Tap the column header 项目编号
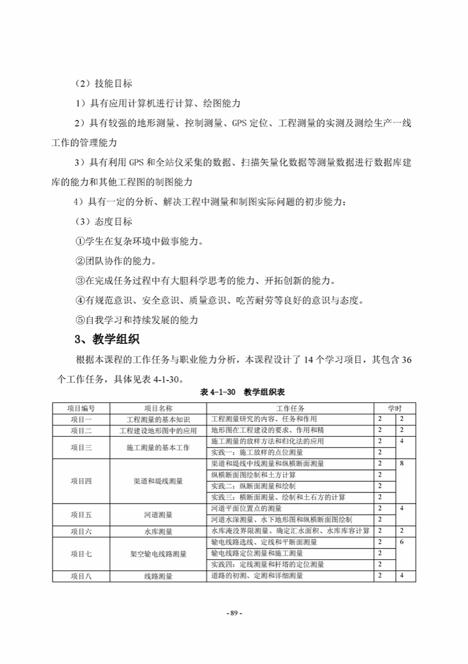[81, 408]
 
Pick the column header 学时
[395, 408]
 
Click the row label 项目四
[81, 481]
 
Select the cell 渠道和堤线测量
[158, 481]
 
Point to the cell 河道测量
[158, 514]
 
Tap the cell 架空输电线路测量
[158, 553]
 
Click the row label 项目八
[81, 575]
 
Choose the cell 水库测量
[158, 531]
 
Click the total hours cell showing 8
[402, 464]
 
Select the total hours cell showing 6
[402, 542]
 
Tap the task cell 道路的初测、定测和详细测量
[257, 575]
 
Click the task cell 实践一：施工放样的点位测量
[257, 453]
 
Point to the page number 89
[234, 613]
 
